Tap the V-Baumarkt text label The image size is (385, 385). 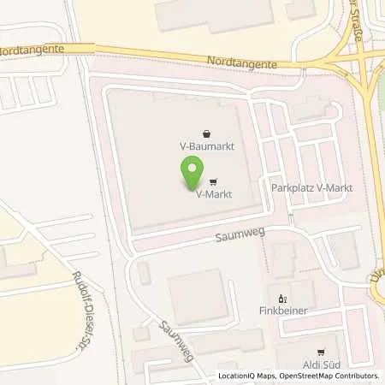208,146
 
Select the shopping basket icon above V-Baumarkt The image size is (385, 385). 208,133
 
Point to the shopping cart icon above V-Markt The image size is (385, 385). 211,182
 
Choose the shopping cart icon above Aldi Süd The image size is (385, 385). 321,351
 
